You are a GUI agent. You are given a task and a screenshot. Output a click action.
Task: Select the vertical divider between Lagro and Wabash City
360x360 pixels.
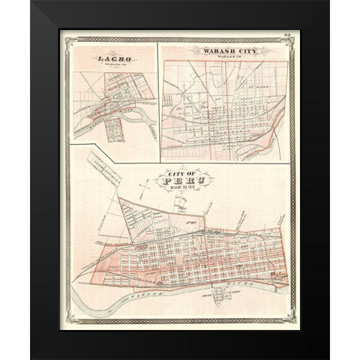tap(158, 94)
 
